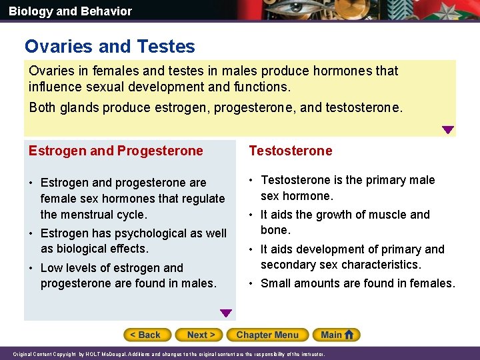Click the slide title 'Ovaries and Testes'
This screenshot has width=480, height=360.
coord(110,47)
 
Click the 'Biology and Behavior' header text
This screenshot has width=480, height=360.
coord(70,11)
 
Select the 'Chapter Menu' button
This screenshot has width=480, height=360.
coord(267,335)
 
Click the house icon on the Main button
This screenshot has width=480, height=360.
coord(351,335)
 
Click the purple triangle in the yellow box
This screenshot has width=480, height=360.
coord(448,130)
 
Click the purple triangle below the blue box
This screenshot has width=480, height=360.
coord(226,313)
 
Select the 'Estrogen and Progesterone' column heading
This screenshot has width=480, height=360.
coord(115,151)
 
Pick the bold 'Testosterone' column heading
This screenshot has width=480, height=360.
coord(290,151)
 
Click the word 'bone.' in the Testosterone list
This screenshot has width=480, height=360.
coord(275,230)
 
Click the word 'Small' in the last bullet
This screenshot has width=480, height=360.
coord(277,283)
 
